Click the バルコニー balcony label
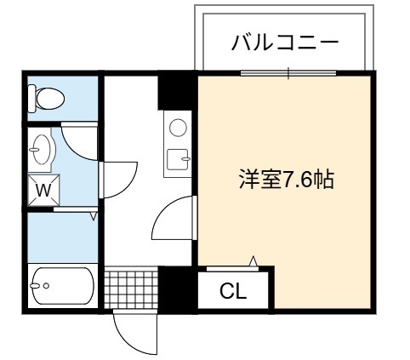point(285,43)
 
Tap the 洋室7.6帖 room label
point(287,179)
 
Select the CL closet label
point(233,291)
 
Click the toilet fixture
point(47,99)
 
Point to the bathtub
point(63,286)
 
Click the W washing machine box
point(44,190)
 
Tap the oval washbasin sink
point(42,149)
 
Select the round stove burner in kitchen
point(178,128)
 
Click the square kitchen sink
point(178,160)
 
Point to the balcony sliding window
point(288,73)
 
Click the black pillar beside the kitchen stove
point(175,91)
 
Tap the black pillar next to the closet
point(175,289)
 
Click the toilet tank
point(32,99)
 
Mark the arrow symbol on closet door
point(253,261)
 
